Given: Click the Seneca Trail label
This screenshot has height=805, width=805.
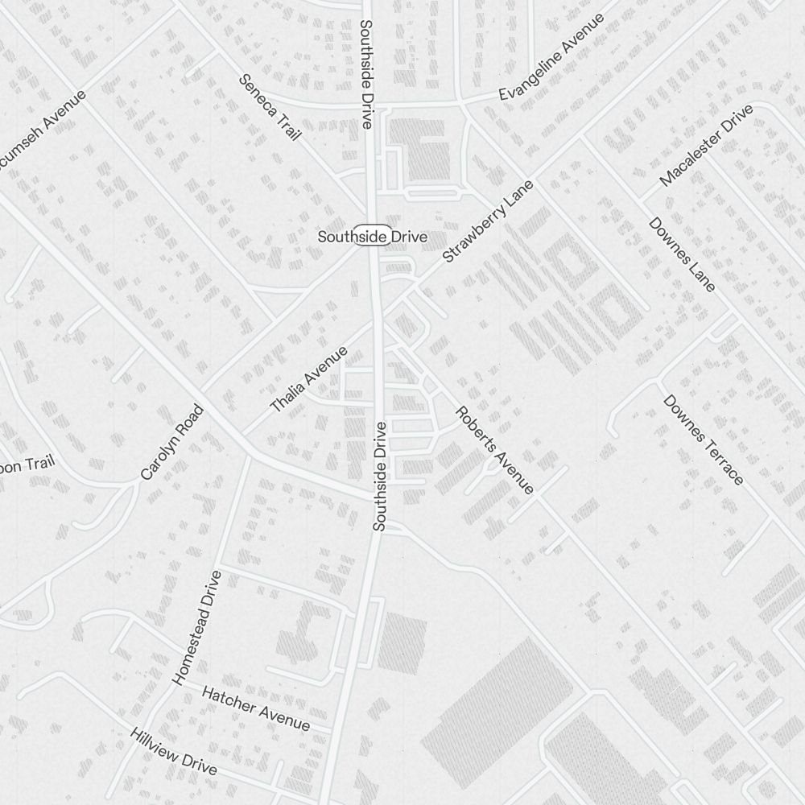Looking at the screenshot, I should pos(270,107).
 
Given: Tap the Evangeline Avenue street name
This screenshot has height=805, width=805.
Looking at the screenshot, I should pos(551,57).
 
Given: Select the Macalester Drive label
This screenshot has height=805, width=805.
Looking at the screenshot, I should pos(706,145).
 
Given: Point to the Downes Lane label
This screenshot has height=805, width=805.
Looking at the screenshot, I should pos(682,254).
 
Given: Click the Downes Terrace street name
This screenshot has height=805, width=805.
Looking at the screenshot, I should pos(703,440).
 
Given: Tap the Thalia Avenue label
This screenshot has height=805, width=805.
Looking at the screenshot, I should pos(309,379).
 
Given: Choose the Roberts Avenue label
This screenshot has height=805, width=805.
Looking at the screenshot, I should pos(494,450).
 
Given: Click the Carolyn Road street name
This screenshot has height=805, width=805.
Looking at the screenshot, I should pos(172,442).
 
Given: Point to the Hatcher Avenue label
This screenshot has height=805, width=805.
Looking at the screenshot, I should pos(255,708).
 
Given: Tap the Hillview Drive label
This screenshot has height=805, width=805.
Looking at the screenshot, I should pos(174,751).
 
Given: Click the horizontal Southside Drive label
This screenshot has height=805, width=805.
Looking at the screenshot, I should pos(372,237).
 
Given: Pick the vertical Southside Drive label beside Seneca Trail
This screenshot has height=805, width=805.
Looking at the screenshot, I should pos(366,74).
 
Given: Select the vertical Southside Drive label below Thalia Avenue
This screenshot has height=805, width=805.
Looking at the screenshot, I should pos(380,476).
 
